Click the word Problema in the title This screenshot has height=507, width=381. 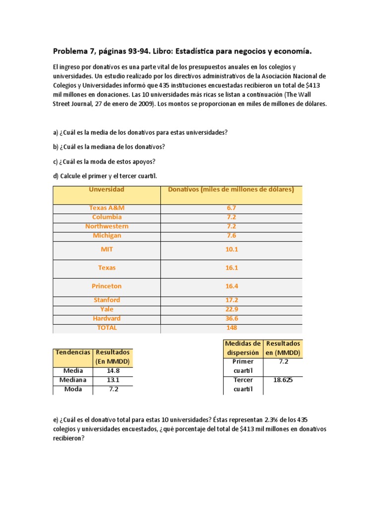click(x=71, y=51)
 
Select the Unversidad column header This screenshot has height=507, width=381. click(x=106, y=190)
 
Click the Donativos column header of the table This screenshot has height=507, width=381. click(x=231, y=190)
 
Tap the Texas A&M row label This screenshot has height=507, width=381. click(x=106, y=208)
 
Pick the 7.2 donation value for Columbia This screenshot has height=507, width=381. click(x=231, y=217)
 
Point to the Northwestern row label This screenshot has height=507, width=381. click(x=106, y=226)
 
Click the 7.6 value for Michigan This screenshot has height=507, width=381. click(x=231, y=236)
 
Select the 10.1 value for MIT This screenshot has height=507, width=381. click(x=231, y=250)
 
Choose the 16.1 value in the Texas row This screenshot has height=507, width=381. click(x=231, y=268)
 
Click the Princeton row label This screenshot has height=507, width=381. click(x=106, y=286)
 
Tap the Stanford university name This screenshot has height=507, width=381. click(x=106, y=300)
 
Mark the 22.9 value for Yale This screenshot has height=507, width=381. click(x=231, y=309)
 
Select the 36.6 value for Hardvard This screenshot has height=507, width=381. click(x=231, y=318)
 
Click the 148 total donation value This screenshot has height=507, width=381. click(x=231, y=328)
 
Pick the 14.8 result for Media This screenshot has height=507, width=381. click(x=113, y=370)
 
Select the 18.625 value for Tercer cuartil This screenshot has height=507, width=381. click(x=283, y=380)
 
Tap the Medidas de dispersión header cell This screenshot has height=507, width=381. click(x=243, y=348)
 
